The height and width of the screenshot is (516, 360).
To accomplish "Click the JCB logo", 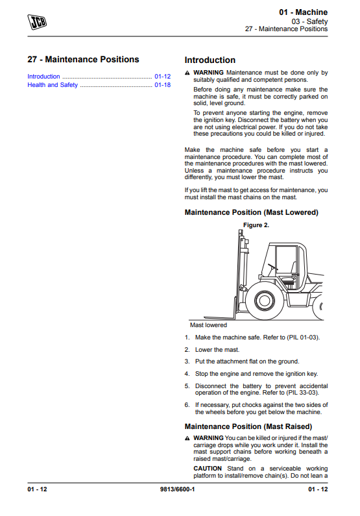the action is coord(37,22).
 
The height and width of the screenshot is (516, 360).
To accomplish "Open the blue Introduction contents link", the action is coord(43,77).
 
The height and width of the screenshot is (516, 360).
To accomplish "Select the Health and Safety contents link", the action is coord(53,85).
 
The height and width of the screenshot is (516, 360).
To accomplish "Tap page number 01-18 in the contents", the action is coord(162,85).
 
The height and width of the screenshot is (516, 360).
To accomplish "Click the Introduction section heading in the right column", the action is coord(210,60).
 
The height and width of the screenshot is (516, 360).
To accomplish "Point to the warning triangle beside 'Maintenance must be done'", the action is coord(187,73).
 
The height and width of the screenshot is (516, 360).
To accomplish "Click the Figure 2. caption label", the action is coord(256,225).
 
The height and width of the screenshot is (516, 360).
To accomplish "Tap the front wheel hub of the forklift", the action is coord(263,300).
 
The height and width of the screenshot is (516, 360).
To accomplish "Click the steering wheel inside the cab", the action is coord(272,267).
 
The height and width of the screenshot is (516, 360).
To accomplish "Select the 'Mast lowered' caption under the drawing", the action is coord(208,325).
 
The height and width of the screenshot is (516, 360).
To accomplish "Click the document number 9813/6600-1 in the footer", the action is coord(177,489).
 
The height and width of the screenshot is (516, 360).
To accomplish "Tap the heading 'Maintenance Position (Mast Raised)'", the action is coord(248,426).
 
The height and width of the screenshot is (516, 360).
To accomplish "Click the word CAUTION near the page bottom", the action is coord(208,468).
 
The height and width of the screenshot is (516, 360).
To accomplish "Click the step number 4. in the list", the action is coord(187,374).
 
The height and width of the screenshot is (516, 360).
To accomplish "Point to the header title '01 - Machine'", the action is coord(303,12).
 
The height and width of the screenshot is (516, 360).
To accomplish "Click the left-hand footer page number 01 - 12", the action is coord(37,489).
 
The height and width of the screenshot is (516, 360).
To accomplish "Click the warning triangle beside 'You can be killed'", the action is coord(187,438).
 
